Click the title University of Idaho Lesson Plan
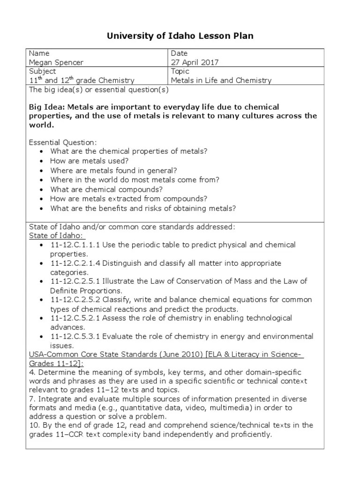click(x=180, y=36)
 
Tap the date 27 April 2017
click(x=195, y=62)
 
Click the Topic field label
click(x=180, y=71)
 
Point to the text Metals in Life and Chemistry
click(x=221, y=80)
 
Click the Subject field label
click(x=42, y=71)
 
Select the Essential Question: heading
click(x=63, y=142)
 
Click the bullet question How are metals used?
click(x=90, y=161)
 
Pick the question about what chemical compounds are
click(x=106, y=189)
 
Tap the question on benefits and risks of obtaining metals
click(x=143, y=208)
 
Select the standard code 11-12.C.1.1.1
click(x=75, y=245)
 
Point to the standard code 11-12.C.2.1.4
click(x=75, y=263)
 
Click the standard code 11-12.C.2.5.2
click(x=75, y=300)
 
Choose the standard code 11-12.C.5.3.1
click(x=75, y=337)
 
